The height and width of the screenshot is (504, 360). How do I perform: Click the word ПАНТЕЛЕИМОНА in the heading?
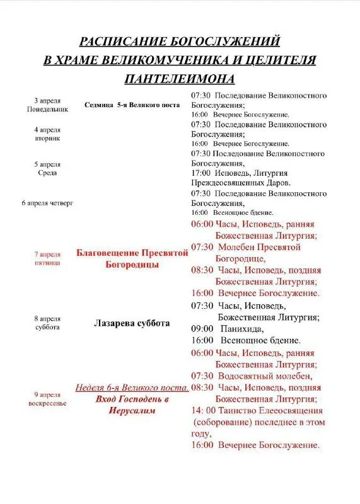[x=180, y=79]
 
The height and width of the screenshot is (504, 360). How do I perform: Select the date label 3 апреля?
[x=47, y=100]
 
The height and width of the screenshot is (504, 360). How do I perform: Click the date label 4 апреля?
[x=47, y=130]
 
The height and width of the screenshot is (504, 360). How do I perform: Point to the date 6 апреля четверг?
[x=47, y=203]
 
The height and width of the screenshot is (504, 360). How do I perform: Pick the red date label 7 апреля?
[x=47, y=255]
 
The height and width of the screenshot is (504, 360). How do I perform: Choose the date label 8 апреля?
[x=47, y=319]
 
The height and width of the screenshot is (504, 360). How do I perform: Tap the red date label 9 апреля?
[x=47, y=395]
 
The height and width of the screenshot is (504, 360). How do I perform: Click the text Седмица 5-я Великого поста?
[x=132, y=105]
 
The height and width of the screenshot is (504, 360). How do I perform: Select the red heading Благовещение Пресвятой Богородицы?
[x=132, y=258]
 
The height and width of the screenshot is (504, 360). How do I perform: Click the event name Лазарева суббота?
[x=132, y=323]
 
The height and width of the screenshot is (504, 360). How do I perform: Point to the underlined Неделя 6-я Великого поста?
[x=132, y=387]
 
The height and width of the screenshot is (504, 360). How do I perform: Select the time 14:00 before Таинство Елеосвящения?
[x=203, y=410]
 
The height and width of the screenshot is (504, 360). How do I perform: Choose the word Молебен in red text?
[x=236, y=247]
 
